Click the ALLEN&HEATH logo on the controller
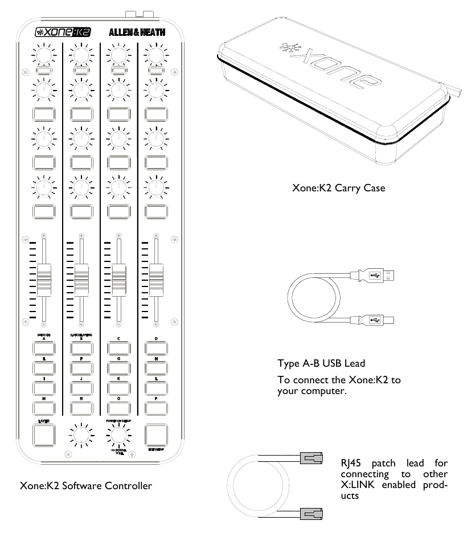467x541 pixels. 137,32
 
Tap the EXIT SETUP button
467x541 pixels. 156,436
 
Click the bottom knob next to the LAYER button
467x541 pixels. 81,437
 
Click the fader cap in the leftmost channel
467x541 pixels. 44,279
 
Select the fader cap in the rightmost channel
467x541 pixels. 156,278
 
